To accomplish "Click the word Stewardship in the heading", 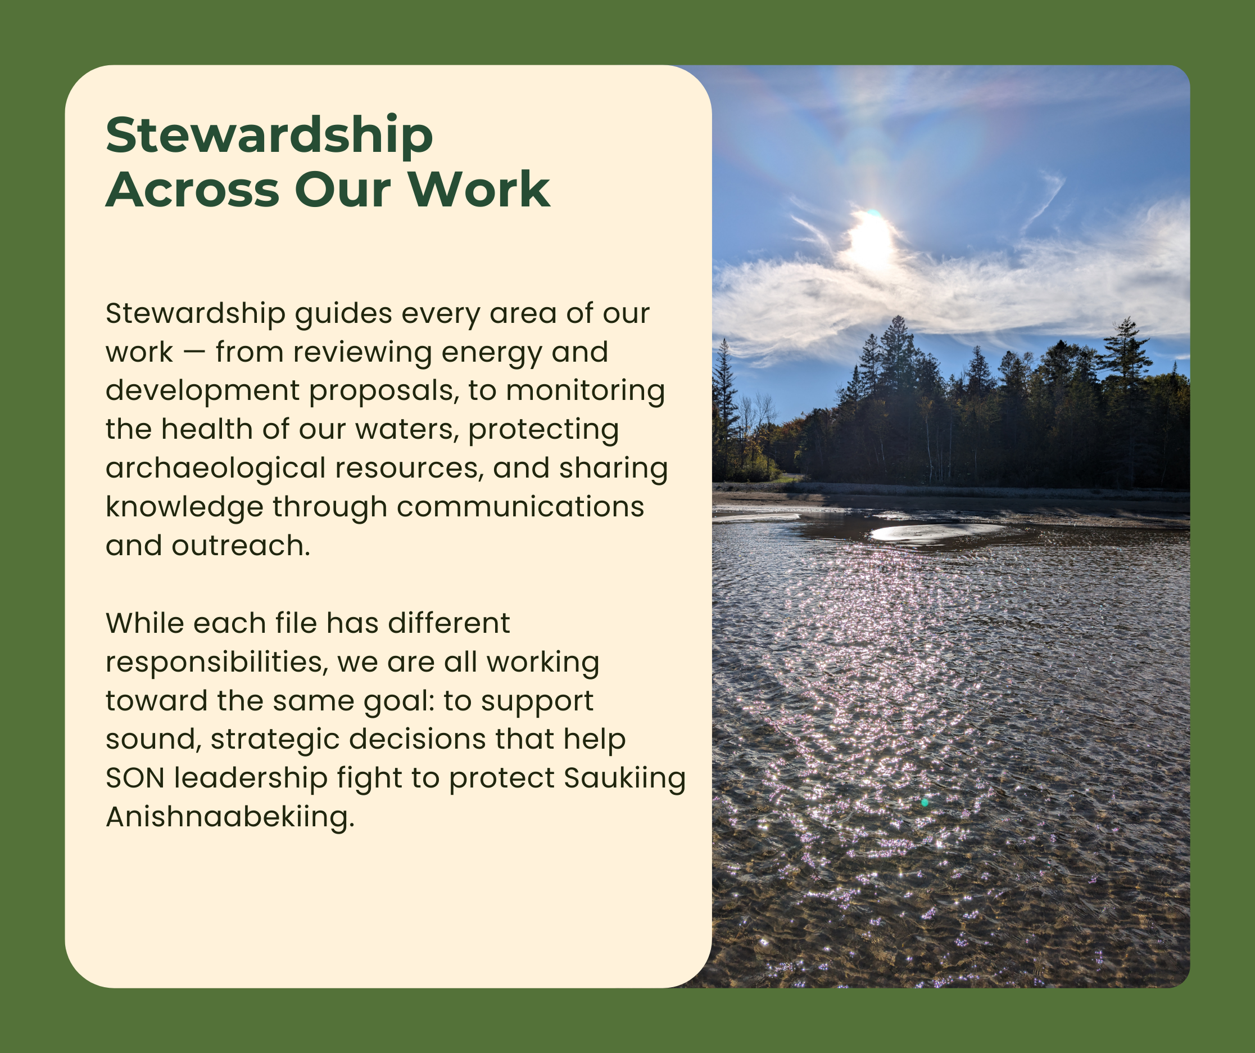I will click(x=269, y=135).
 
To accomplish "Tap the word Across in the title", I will click(x=192, y=190).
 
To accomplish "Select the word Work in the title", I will click(x=479, y=190).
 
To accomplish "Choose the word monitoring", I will click(x=585, y=391).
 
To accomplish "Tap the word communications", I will click(x=520, y=507).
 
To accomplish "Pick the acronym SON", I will click(x=135, y=778).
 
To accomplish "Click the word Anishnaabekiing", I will click(x=230, y=817).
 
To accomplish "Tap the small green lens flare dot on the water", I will click(x=925, y=803).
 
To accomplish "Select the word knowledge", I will click(x=184, y=507).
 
